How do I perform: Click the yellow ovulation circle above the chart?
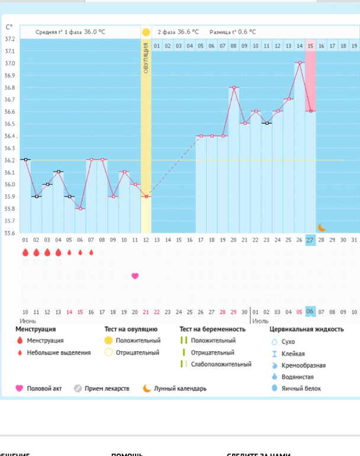pos(146,32)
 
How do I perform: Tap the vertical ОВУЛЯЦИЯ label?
pos(146,58)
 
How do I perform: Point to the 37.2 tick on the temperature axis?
pos(10,39)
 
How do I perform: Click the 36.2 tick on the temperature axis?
pos(10,160)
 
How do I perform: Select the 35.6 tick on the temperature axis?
pos(10,233)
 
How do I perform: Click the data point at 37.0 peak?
pos(300,63)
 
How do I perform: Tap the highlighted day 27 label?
pos(310,240)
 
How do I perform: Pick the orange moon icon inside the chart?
pos(322,227)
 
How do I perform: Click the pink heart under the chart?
pos(135,276)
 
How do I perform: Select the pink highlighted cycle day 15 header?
pos(310,46)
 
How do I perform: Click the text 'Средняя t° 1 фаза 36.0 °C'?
pos(74,32)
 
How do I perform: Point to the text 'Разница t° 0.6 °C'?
pos(233,32)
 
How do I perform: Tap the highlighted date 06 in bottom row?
pos(310,312)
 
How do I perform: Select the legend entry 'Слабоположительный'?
pos(221,364)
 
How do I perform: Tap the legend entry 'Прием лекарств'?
pos(107,388)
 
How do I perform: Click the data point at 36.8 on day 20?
pos(234,87)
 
